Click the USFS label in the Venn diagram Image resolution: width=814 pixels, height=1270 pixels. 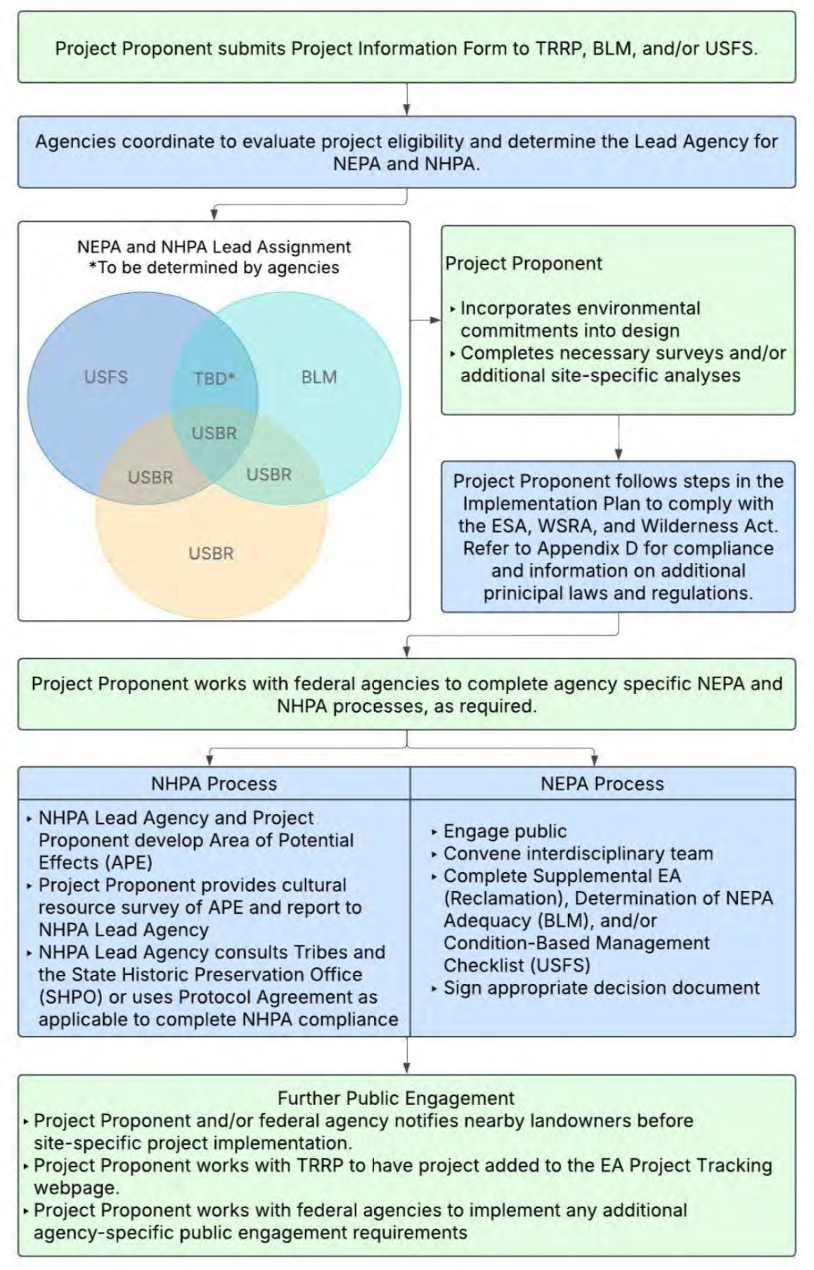106,377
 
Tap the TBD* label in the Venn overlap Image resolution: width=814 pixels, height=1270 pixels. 214,379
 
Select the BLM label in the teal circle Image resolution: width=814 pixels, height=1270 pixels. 319,377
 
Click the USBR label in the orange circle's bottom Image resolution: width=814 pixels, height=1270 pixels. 211,554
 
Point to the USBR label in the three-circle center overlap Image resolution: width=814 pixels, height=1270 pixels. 214,434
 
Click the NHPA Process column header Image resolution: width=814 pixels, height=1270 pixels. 214,784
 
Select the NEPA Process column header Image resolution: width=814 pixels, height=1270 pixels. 602,784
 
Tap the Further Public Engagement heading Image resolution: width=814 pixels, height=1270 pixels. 396,1098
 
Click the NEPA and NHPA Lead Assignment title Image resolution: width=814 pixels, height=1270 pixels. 214,247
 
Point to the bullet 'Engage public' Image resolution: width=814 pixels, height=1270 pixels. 505,831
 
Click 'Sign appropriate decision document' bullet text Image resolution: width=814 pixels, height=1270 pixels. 601,987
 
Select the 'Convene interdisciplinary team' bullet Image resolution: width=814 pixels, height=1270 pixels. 578,854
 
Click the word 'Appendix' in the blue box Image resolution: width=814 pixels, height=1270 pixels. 586,548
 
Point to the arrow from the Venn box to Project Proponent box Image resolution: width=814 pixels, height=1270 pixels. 426,320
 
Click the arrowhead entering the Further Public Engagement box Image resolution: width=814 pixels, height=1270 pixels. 407,1068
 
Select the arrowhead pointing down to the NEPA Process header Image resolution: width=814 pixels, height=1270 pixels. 595,760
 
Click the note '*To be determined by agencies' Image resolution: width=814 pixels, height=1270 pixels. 214,268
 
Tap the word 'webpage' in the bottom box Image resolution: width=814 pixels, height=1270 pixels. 75,1188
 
